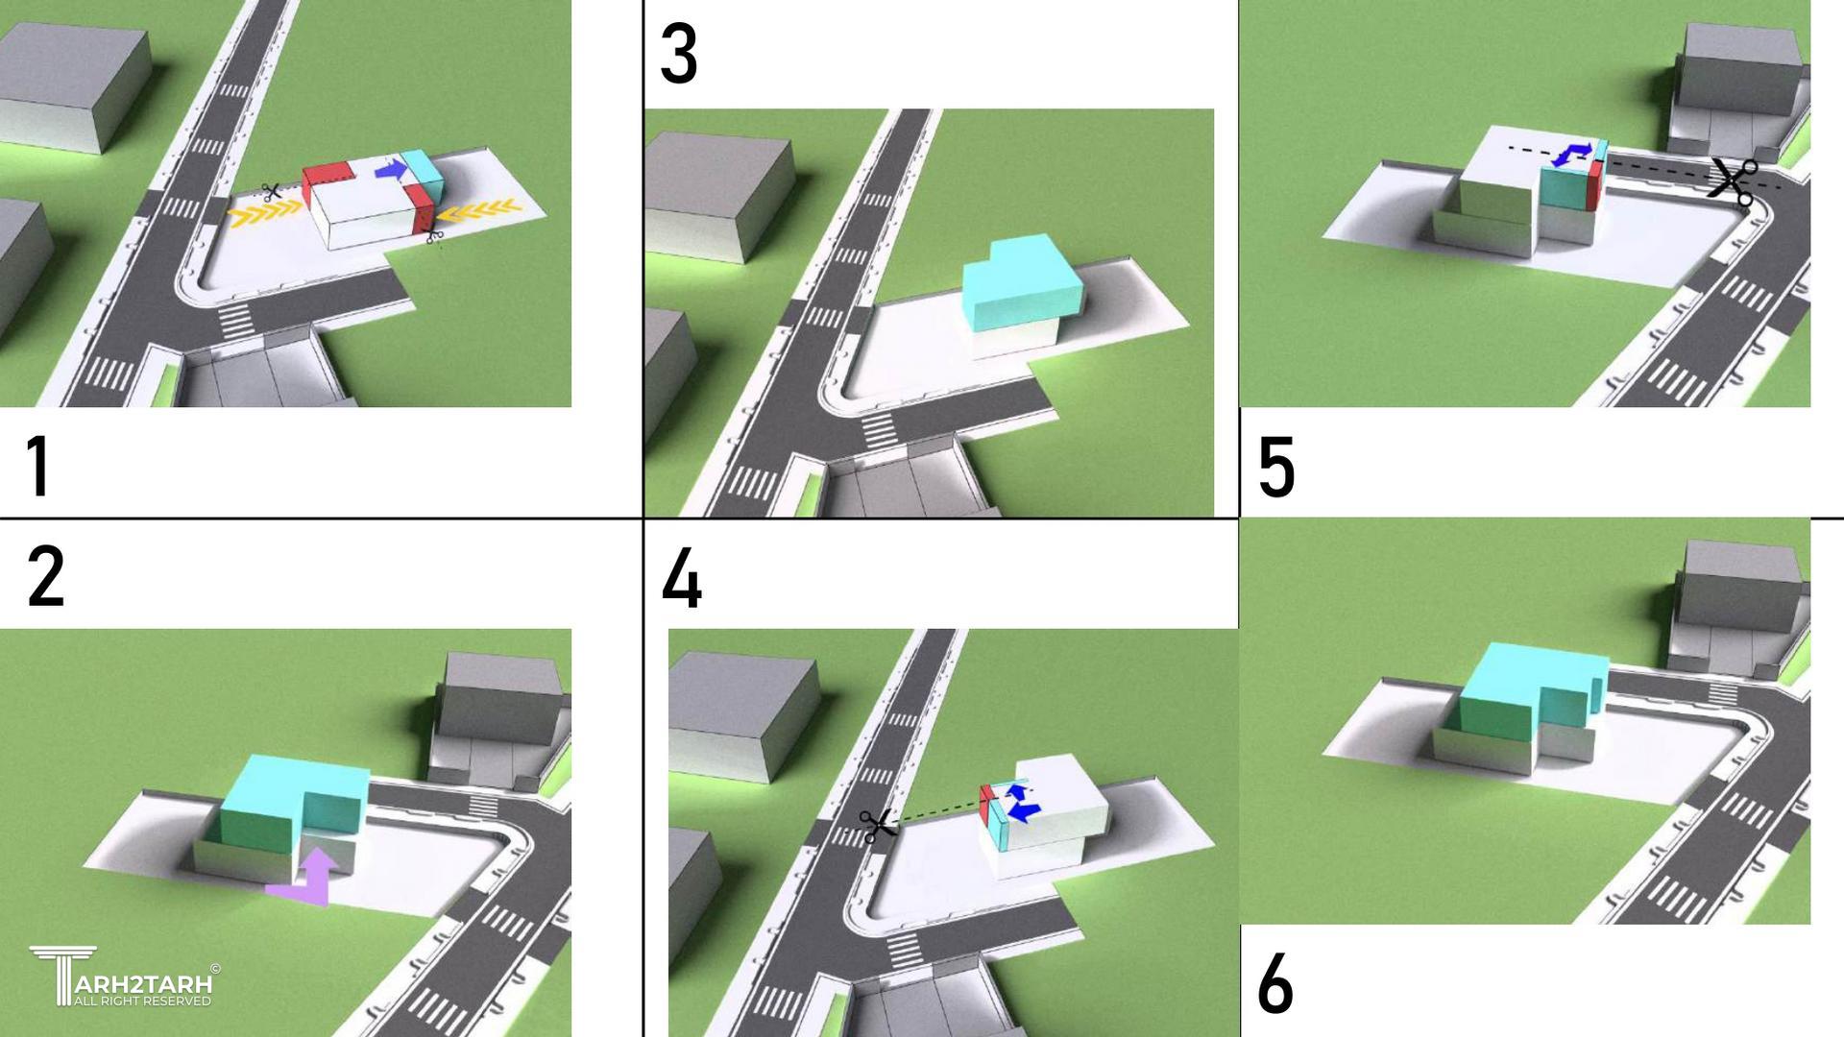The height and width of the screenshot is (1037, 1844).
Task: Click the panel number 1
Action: (x=37, y=467)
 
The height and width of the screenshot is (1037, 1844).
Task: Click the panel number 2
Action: (x=46, y=576)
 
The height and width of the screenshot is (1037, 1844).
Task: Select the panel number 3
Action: (x=679, y=55)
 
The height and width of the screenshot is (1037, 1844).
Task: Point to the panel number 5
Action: (x=1276, y=468)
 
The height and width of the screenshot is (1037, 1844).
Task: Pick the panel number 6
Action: (x=1275, y=984)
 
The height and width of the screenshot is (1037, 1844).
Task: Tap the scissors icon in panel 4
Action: (x=877, y=826)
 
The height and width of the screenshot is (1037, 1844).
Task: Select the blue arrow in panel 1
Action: (x=390, y=170)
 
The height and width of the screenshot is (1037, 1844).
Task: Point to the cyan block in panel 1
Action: (x=423, y=174)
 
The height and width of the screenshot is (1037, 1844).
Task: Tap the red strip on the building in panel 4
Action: (x=986, y=808)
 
